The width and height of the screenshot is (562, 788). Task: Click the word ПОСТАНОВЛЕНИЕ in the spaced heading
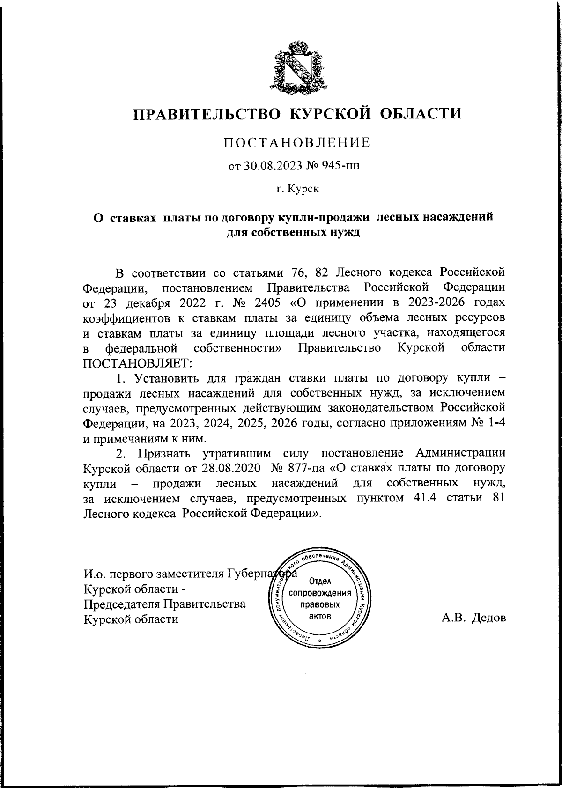(x=296, y=142)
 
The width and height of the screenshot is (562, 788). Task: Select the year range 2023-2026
(x=427, y=302)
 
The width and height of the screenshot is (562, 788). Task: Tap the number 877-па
(x=294, y=468)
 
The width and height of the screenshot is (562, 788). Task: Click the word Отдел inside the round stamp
(x=320, y=582)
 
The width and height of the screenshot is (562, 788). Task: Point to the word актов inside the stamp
(x=320, y=616)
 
